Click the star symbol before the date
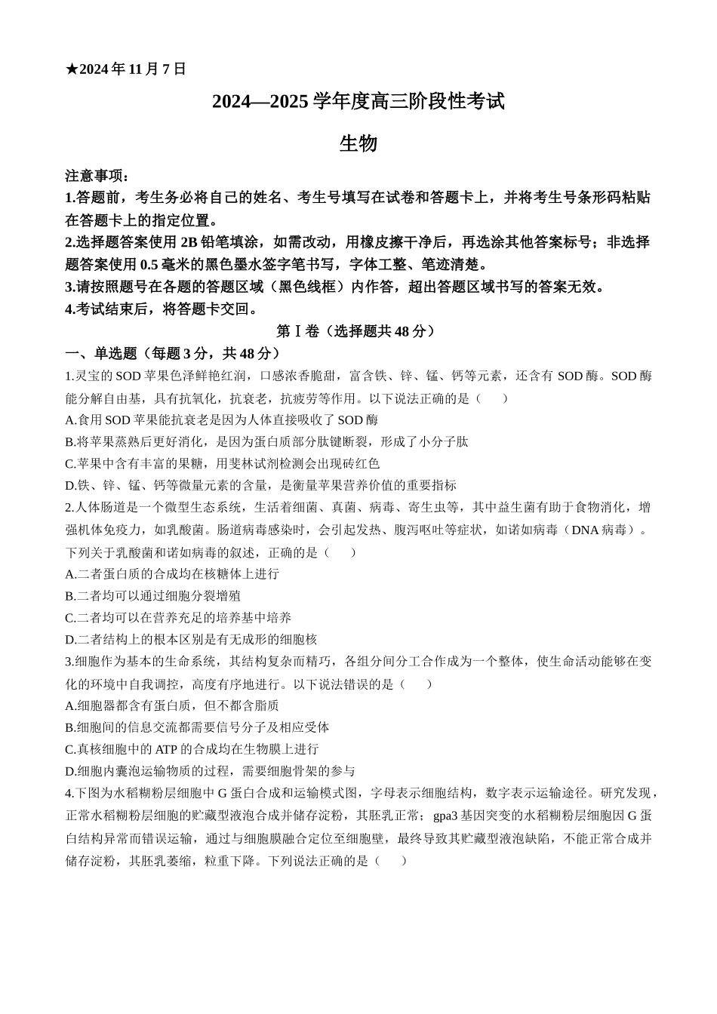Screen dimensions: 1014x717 [x=72, y=69]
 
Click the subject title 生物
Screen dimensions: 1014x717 [x=358, y=143]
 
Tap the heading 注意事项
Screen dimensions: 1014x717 [x=97, y=176]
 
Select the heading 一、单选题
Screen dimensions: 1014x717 [x=101, y=353]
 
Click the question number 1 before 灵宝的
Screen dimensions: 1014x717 [x=69, y=376]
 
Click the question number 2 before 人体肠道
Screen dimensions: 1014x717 [x=69, y=507]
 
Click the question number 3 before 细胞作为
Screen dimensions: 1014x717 [x=69, y=662]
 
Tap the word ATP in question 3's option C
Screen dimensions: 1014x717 [x=166, y=749]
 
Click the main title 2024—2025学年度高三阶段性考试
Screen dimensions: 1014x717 [x=358, y=101]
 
